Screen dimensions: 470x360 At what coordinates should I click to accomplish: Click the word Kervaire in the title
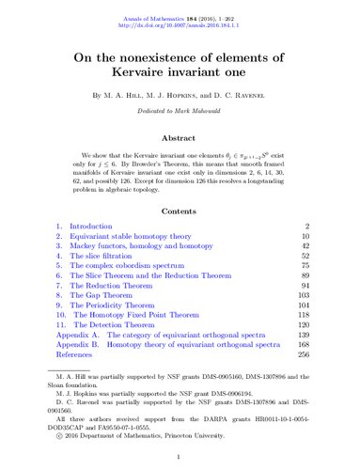tap(144, 65)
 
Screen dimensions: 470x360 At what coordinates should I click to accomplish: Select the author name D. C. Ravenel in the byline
tap(261, 95)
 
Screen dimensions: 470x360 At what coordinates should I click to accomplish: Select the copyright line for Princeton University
tap(132, 458)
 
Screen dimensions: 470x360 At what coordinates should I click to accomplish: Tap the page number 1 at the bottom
tap(179, 455)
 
